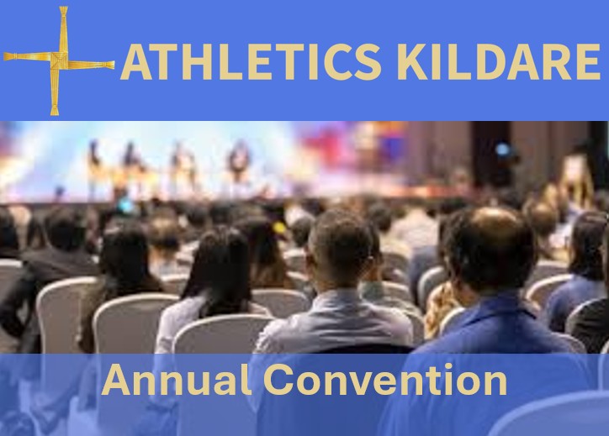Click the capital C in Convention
coord(278,380)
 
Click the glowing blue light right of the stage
coord(503,150)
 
